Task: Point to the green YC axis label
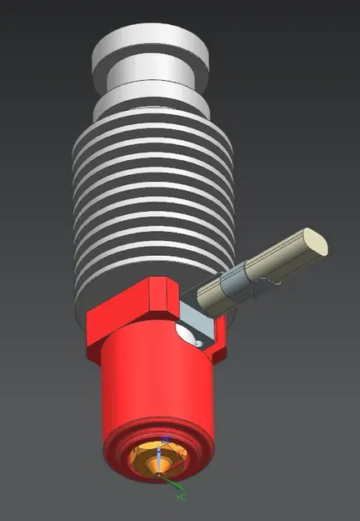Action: coord(181,498)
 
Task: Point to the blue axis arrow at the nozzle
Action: coord(164,443)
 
